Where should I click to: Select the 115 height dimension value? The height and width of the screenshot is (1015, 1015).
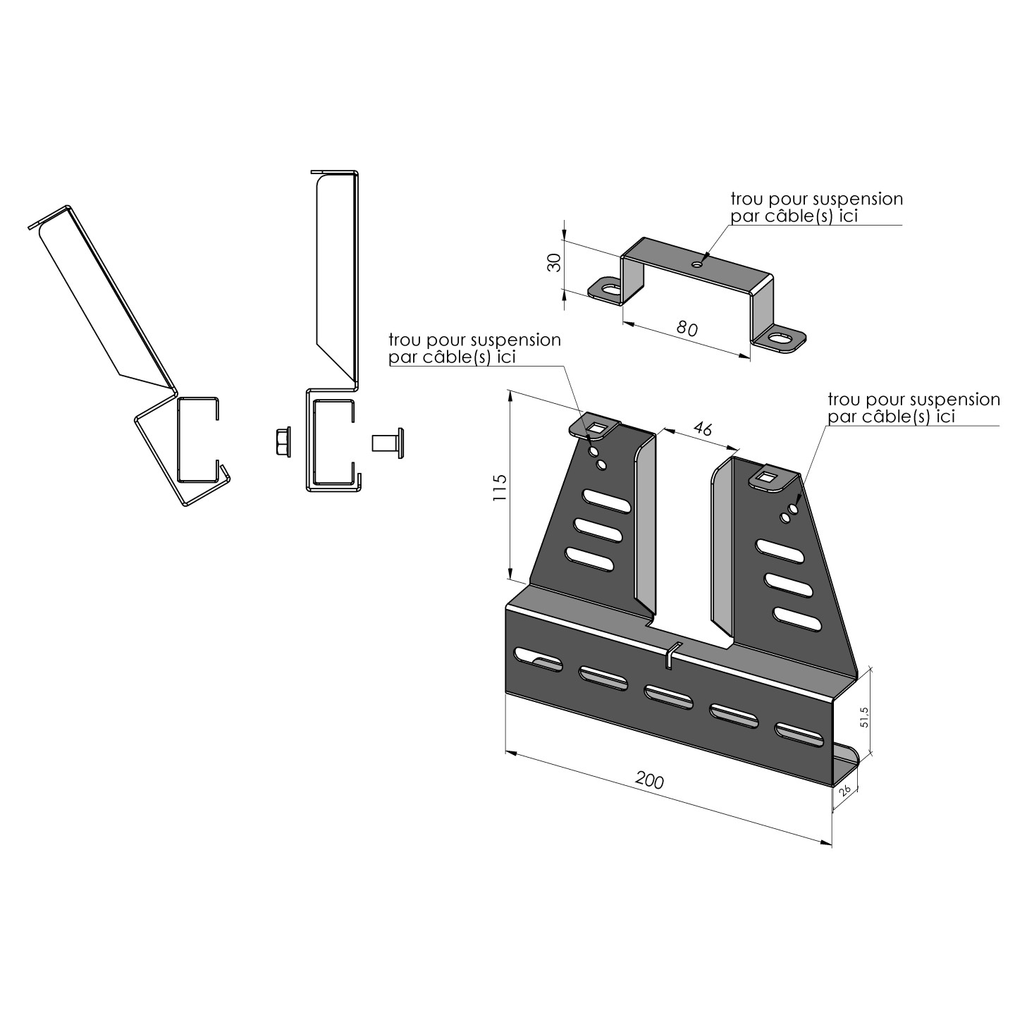(500, 487)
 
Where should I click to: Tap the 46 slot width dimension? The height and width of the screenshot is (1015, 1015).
(701, 429)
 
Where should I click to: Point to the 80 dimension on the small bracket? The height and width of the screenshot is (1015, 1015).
(687, 328)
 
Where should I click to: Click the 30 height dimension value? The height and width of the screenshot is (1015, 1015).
(554, 263)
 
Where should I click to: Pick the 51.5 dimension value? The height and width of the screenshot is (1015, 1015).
(865, 718)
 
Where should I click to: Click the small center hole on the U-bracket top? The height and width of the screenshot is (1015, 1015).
(697, 264)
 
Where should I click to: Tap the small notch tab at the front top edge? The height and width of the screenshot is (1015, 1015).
(671, 655)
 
